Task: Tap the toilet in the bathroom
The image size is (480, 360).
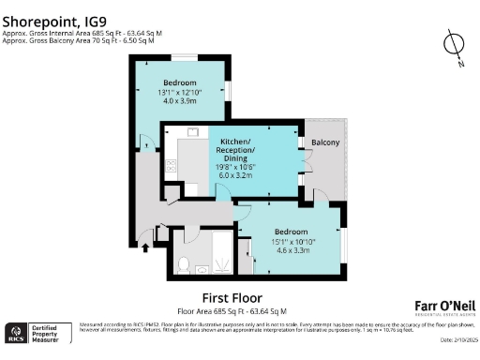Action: pyautogui.click(x=185, y=262)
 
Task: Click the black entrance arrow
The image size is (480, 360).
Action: pyautogui.click(x=144, y=248)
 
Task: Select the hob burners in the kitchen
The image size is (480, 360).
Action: pyautogui.click(x=170, y=166)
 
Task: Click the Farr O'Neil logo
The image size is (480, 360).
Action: pyautogui.click(x=444, y=306)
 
